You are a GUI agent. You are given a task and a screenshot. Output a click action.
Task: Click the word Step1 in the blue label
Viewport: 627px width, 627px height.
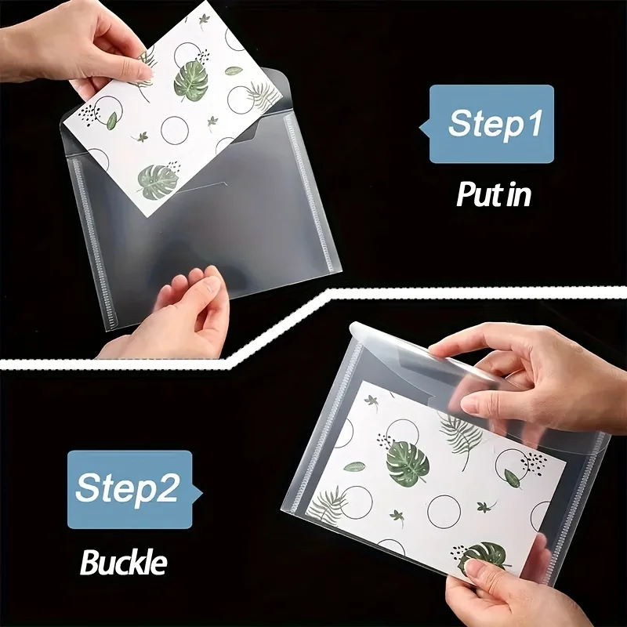click(495, 123)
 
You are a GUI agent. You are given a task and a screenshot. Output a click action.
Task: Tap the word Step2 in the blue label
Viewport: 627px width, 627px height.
click(127, 488)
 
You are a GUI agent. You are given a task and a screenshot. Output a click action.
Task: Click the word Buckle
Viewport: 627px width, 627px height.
click(124, 563)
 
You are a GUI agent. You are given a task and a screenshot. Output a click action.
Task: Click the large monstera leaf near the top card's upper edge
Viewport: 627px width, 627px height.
click(191, 81)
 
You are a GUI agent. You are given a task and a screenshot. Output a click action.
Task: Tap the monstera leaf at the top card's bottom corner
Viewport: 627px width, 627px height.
click(158, 182)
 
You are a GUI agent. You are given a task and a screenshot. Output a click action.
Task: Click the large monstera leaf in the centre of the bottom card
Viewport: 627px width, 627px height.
click(408, 463)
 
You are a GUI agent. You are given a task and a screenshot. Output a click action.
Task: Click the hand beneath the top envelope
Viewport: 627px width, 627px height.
click(176, 316)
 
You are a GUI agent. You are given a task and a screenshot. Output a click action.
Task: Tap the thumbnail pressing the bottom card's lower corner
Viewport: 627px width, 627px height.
click(477, 566)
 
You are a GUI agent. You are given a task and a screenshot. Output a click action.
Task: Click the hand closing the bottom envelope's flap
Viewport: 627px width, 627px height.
click(532, 380)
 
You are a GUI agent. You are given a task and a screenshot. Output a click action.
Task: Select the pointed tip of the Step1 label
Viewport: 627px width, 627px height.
click(419, 128)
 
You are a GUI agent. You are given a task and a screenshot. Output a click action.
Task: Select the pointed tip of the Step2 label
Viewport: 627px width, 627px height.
click(202, 493)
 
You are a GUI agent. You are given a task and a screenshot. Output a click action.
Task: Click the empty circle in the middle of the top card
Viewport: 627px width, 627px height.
click(175, 130)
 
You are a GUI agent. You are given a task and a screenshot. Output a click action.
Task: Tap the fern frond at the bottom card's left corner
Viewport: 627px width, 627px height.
click(326, 506)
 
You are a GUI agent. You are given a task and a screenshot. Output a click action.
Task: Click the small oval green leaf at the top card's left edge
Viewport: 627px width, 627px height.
click(112, 121)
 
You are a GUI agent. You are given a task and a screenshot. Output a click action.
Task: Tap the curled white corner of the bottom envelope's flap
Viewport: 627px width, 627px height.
click(357, 330)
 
